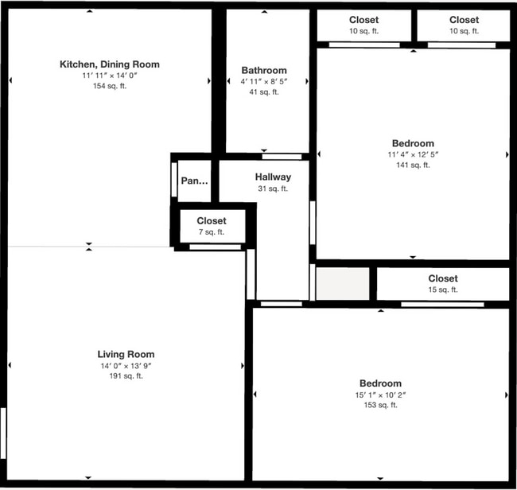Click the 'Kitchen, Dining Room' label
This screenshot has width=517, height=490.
110,64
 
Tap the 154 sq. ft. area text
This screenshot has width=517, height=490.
110,86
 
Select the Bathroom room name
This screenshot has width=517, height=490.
264,70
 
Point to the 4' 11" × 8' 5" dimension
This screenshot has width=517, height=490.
264,81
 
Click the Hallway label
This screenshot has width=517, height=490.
273,177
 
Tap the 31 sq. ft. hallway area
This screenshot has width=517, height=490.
273,189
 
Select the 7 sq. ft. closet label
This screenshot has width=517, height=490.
211,232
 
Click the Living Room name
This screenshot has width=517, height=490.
126,354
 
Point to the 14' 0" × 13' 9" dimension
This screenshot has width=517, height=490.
126,366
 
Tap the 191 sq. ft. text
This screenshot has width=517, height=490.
126,376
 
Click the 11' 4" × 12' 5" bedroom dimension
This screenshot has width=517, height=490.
412,154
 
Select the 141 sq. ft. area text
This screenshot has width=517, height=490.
412,165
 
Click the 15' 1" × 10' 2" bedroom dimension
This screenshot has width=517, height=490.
379,395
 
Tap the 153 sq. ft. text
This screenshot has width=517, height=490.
379,406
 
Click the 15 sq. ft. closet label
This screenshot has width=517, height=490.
442,290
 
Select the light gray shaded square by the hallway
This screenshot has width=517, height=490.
343,284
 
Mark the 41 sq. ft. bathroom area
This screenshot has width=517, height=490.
264,92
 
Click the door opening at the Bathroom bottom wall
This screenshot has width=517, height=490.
282,156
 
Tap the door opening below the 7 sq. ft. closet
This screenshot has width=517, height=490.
215,247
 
